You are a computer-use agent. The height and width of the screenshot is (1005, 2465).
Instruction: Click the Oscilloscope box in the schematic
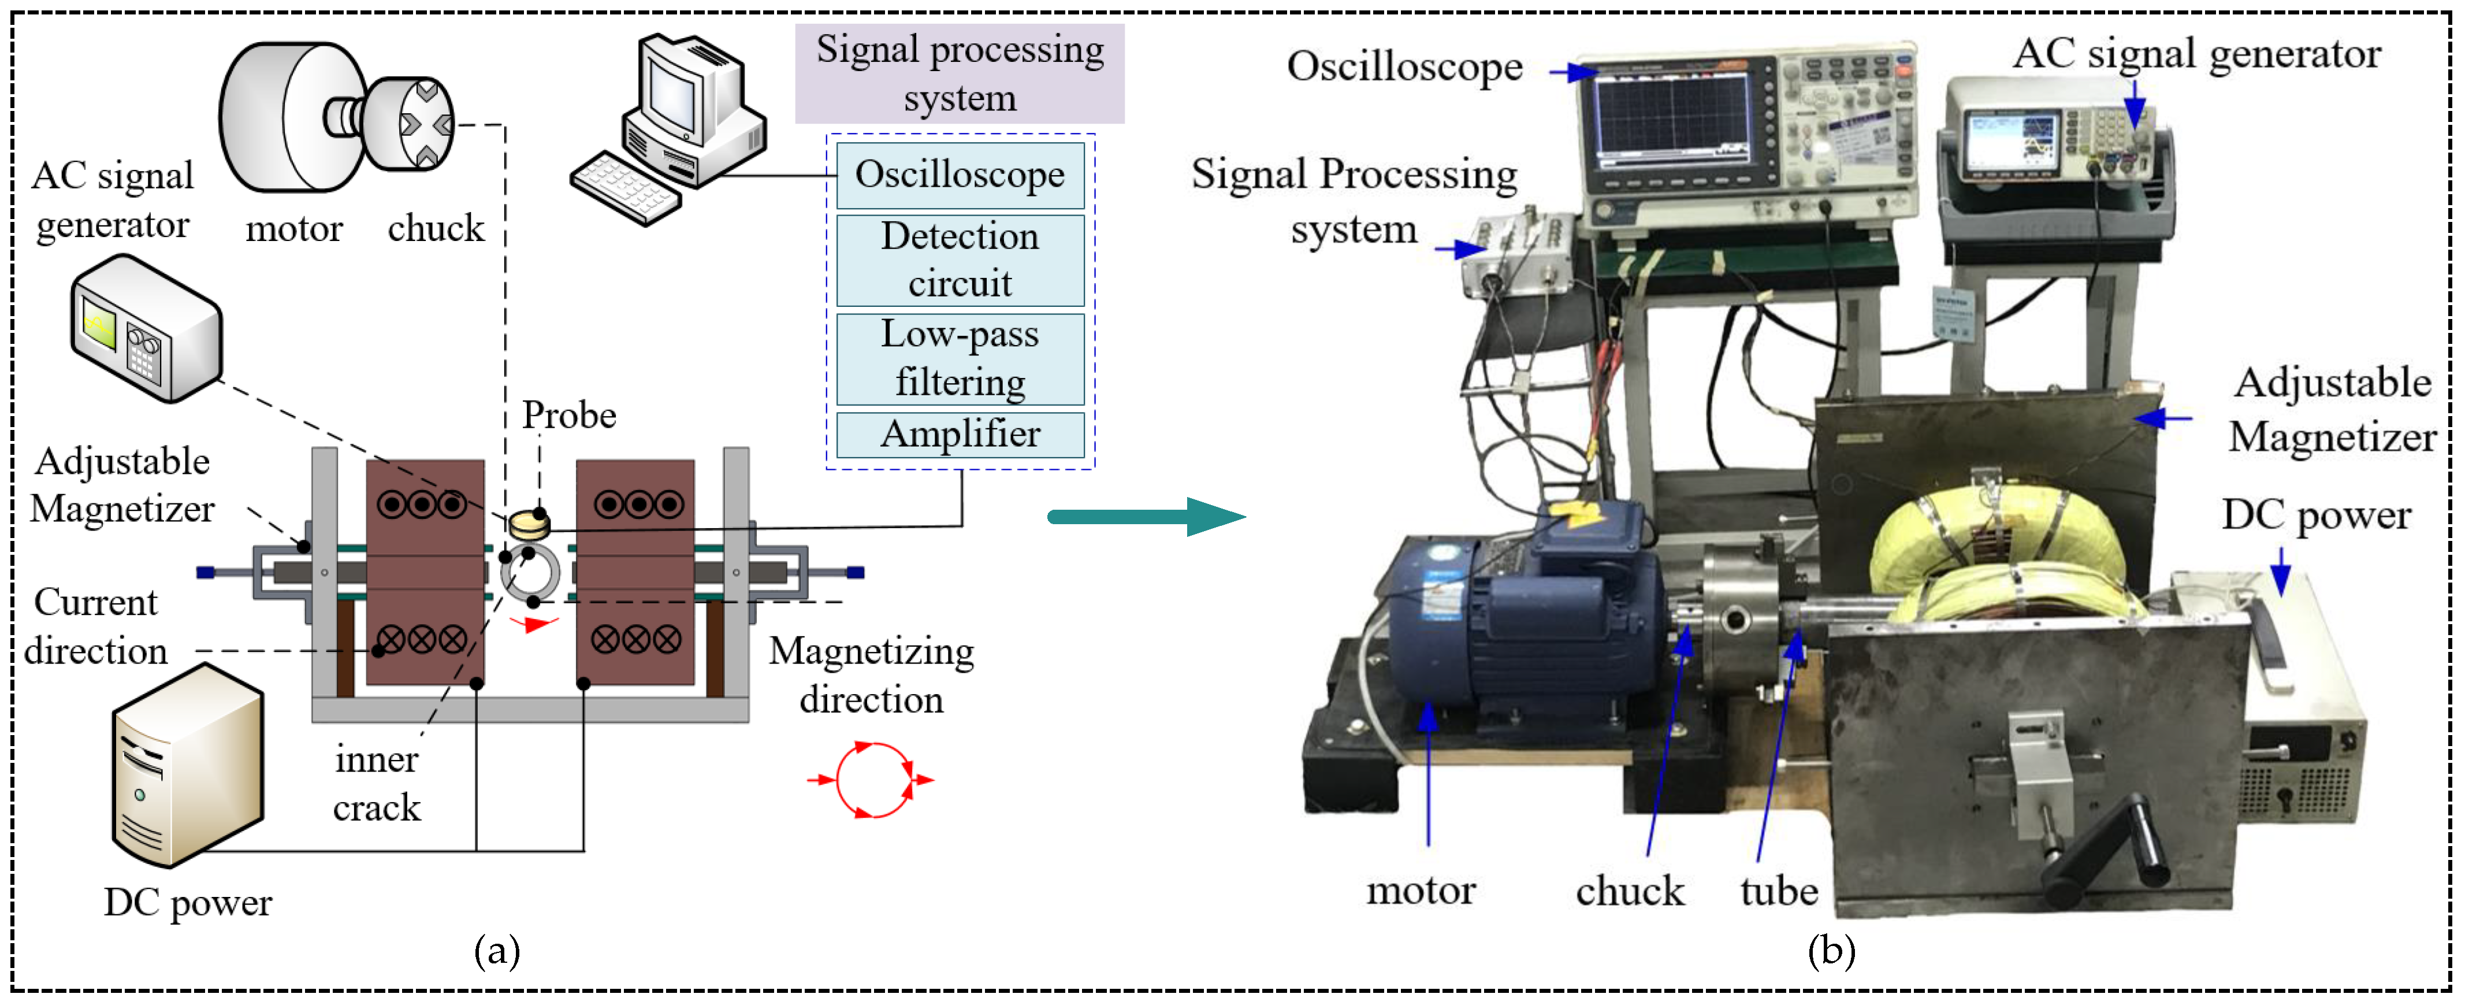tap(960, 175)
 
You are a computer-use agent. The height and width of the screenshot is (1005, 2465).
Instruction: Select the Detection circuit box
tap(960, 259)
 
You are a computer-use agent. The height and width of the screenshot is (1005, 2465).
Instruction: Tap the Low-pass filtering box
tap(960, 358)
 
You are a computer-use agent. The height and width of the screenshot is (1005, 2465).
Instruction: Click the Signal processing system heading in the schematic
tap(959, 73)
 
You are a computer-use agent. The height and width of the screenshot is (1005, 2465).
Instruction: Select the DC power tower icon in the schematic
tap(187, 766)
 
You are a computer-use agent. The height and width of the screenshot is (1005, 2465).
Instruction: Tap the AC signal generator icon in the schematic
tap(146, 328)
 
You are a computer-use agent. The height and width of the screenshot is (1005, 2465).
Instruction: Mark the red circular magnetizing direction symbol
tap(871, 780)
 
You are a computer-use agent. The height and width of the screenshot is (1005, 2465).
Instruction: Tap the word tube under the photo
tap(1778, 891)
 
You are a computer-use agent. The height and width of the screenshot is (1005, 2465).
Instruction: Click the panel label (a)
tap(497, 951)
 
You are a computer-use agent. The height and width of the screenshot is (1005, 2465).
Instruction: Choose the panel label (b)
tap(1831, 951)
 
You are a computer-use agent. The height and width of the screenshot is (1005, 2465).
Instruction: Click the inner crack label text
tap(376, 784)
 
